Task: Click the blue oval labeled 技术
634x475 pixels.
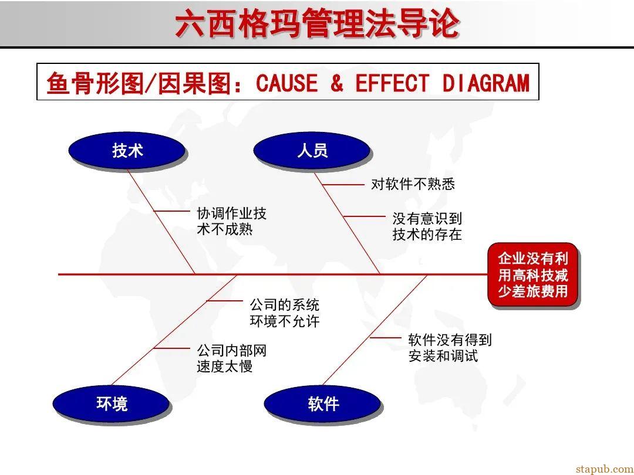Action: [127, 151]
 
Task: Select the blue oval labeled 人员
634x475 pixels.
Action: [312, 151]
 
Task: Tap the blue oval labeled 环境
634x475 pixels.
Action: [111, 403]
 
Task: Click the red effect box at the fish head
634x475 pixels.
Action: [533, 274]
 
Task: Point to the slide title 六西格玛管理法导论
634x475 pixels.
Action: [317, 24]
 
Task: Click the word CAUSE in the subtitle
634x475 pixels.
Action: [286, 83]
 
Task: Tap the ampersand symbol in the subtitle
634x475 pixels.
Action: [336, 83]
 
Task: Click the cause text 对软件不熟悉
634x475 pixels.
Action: [413, 184]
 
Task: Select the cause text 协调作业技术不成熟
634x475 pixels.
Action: [231, 221]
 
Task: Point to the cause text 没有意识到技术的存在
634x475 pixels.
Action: [427, 226]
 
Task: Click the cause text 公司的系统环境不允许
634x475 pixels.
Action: [285, 313]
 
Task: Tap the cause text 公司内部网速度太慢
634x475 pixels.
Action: [231, 358]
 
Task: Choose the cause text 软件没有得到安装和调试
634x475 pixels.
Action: [450, 347]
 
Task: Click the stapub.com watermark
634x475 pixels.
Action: [604, 468]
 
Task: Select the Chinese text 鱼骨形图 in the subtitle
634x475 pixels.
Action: [95, 83]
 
